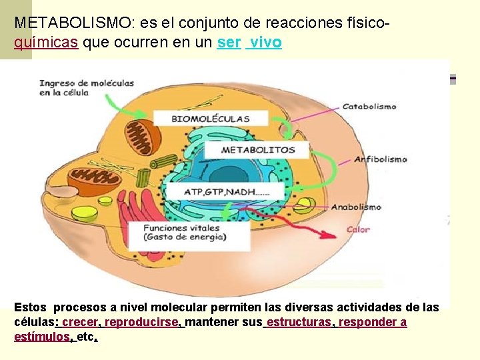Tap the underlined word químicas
[x=46, y=43]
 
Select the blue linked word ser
[x=229, y=43]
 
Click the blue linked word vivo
[x=265, y=43]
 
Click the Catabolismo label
[x=369, y=106]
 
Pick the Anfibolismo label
[x=380, y=159]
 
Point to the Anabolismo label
[x=356, y=207]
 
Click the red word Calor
[x=357, y=230]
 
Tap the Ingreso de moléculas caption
[x=87, y=88]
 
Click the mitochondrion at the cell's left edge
[x=95, y=177]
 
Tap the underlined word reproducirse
[x=142, y=323]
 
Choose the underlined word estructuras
[x=299, y=323]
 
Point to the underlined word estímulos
[x=42, y=337]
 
